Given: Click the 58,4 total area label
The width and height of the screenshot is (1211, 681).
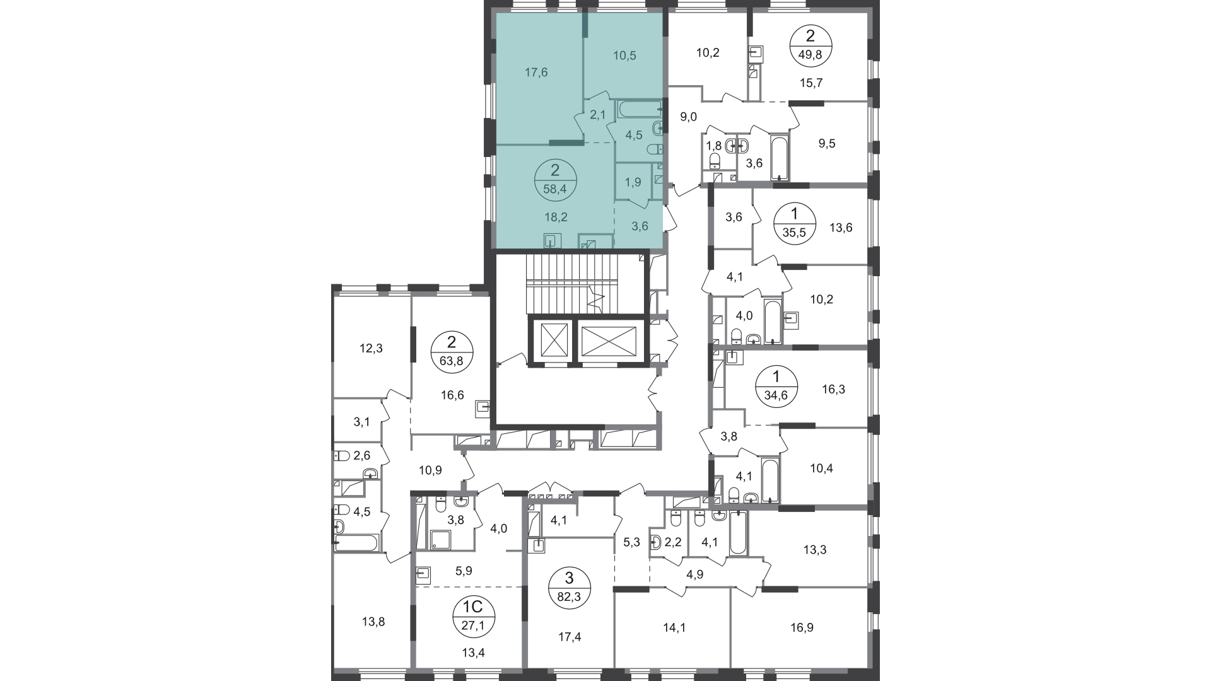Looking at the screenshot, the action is click(555, 187).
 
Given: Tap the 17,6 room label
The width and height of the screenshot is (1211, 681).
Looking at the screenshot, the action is click(536, 73).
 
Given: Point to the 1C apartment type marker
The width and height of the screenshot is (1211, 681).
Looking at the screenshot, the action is click(473, 607).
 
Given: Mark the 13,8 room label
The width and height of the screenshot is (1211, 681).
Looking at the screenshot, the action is click(373, 622).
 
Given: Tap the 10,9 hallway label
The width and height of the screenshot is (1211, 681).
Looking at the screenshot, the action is click(431, 470).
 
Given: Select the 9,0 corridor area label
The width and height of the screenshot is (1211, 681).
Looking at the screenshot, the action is click(688, 117).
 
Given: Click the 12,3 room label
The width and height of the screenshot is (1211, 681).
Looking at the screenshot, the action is click(371, 348).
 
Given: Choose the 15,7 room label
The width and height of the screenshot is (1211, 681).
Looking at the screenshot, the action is click(811, 83).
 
